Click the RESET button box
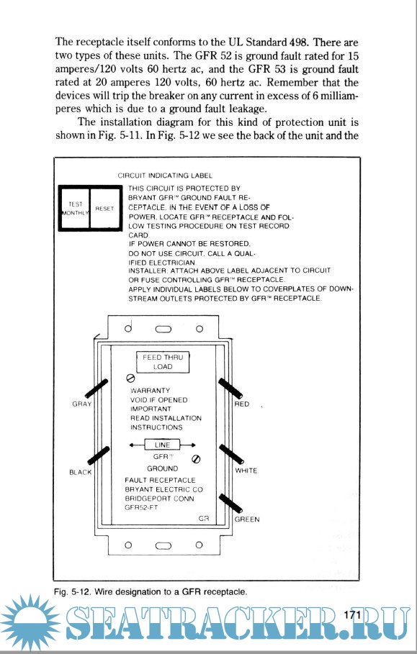105,208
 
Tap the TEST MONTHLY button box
75,208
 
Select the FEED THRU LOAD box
163,362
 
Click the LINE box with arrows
162,445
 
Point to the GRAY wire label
82,404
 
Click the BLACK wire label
80,473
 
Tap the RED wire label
242,404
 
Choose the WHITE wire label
246,471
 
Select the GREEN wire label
247,519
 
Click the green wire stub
231,503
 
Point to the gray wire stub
97,389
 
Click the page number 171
352,614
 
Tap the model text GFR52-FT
142,508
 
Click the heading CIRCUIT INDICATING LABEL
165,176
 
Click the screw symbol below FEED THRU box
130,378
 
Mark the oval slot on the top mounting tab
163,329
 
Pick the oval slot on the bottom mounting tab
163,545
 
